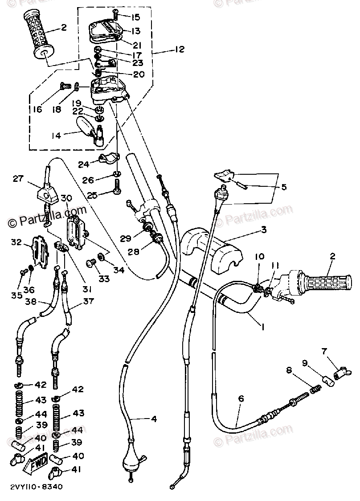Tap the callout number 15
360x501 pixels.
[x=135, y=17]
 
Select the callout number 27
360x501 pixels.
[x=17, y=179]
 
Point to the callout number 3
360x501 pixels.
[x=264, y=230]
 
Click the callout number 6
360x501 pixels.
[x=241, y=399]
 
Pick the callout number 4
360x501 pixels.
[x=154, y=419]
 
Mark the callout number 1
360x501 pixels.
[x=263, y=327]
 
